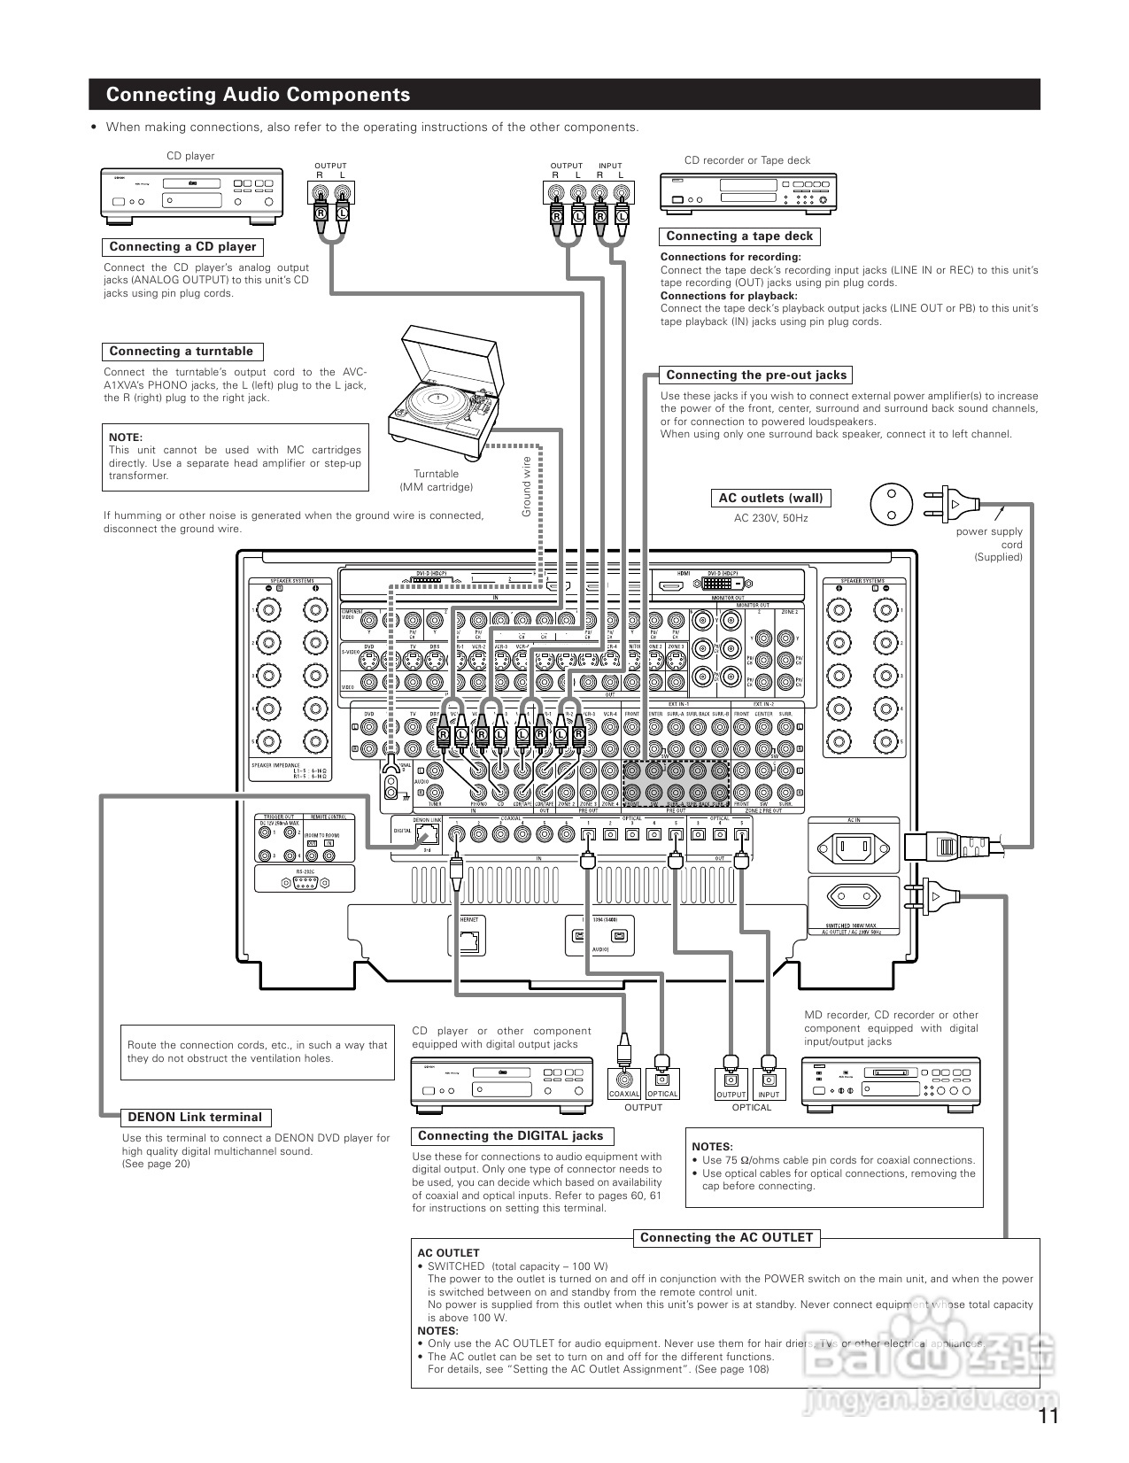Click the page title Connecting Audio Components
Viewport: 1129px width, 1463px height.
(258, 95)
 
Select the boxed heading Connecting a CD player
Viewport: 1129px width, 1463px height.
(182, 247)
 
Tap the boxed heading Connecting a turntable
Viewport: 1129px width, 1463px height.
(181, 352)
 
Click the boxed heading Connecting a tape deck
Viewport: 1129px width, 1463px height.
(739, 236)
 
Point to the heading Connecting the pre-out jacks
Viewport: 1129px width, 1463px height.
(756, 375)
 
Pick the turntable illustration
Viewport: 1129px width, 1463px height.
(444, 385)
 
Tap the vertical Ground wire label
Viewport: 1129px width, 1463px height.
(526, 486)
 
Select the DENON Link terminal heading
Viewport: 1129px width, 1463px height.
(195, 1118)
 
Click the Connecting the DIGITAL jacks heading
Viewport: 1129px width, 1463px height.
(510, 1136)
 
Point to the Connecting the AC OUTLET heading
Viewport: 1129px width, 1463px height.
(726, 1238)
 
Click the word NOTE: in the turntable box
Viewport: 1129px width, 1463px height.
(125, 437)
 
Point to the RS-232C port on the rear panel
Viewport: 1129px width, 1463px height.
(305, 883)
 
